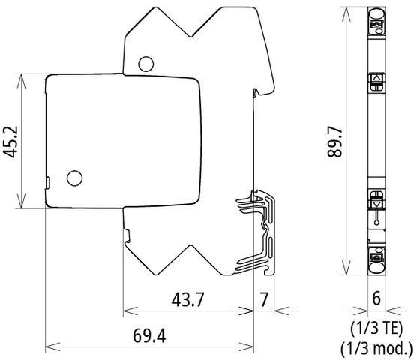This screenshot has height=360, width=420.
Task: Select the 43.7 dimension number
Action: click(x=187, y=298)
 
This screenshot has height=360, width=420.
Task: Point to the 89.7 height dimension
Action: click(x=334, y=140)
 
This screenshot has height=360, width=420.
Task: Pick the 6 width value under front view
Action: click(x=376, y=298)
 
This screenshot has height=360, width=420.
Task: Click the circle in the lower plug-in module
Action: click(x=74, y=178)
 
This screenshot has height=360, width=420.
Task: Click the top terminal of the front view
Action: click(x=376, y=20)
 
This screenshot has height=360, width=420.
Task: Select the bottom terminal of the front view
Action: click(x=376, y=260)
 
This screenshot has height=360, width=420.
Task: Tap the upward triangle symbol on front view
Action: click(x=376, y=79)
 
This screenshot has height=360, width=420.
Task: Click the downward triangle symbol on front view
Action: click(x=376, y=201)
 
